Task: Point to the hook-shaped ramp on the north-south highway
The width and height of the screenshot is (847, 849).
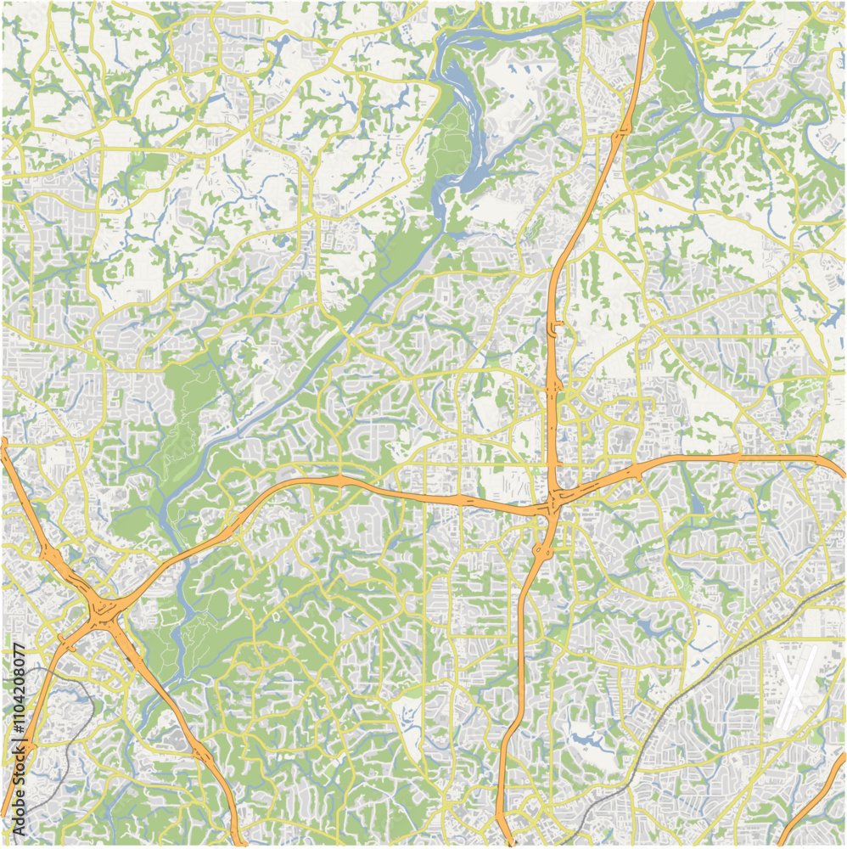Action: coord(556,326)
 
